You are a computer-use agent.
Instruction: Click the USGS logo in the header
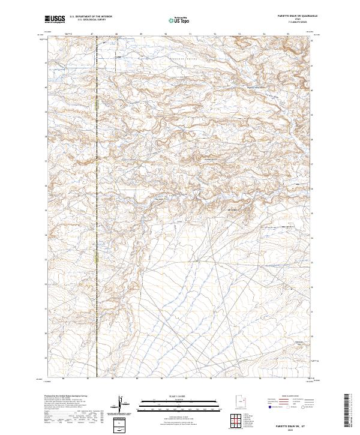55,20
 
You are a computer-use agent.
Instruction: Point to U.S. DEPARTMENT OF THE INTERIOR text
92,17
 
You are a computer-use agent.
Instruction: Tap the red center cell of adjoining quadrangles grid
237,421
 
